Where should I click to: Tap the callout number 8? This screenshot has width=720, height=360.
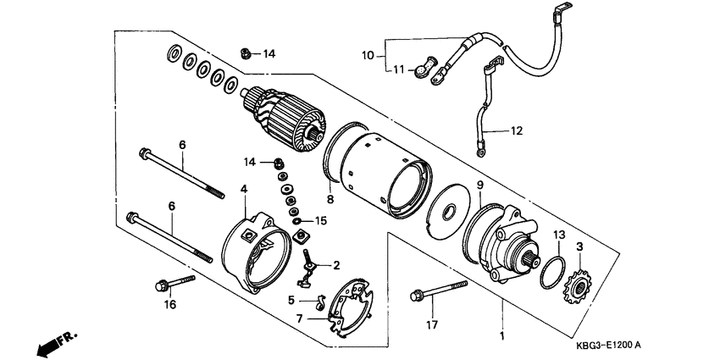(330, 200)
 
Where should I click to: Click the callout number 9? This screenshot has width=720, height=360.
(479, 186)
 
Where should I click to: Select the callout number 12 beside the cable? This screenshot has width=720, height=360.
(517, 131)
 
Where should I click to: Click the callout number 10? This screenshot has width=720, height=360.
(368, 56)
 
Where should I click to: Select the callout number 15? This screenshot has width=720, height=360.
(320, 221)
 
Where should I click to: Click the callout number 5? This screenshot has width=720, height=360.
(291, 300)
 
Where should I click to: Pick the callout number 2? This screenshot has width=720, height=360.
(336, 264)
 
